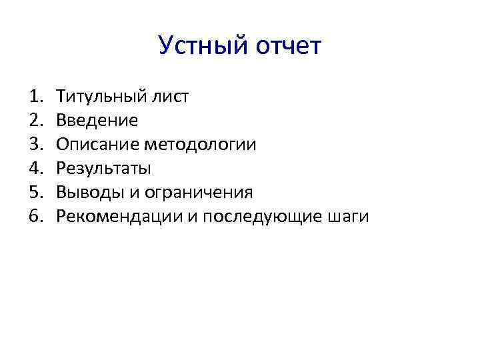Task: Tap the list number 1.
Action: coord(35,97)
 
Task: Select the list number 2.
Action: coord(35,121)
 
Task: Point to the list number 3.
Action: coord(35,145)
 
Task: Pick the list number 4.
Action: coord(35,169)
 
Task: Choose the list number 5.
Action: coord(35,193)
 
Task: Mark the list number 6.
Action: coord(35,217)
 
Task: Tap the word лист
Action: coord(171,97)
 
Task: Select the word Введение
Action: coord(97,121)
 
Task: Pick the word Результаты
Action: coord(103,169)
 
